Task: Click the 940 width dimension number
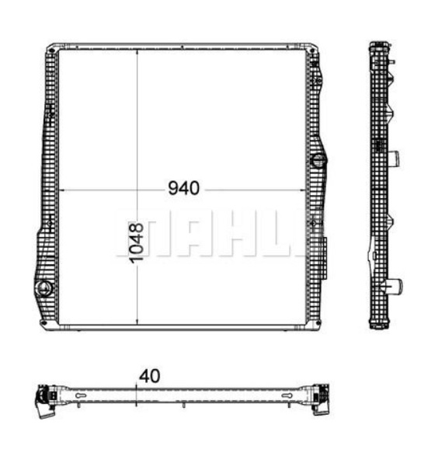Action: pyautogui.click(x=183, y=189)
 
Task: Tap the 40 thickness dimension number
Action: pyautogui.click(x=149, y=375)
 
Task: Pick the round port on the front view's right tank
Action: pyautogui.click(x=318, y=162)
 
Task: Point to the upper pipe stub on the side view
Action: pyautogui.click(x=396, y=159)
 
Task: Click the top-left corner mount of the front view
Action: pyautogui.click(x=52, y=50)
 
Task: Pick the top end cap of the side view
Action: pyautogui.click(x=380, y=47)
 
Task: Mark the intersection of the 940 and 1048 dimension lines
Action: pyautogui.click(x=137, y=190)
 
